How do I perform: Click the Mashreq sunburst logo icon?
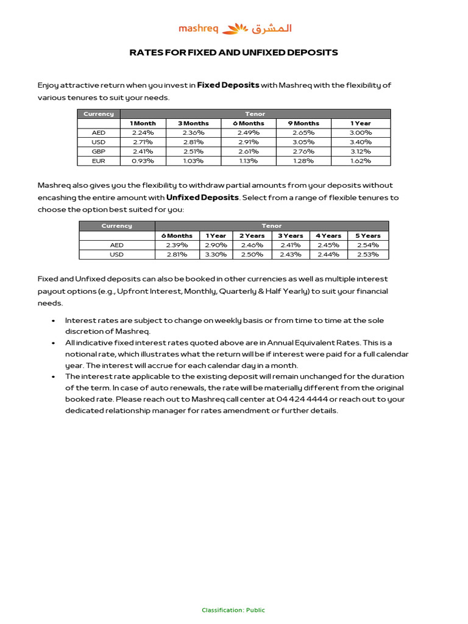click(235, 28)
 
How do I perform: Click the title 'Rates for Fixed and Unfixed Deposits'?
click(234, 52)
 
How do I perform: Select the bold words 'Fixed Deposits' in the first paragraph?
click(228, 85)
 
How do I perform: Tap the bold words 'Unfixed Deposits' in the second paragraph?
click(202, 197)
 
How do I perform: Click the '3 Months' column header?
click(193, 123)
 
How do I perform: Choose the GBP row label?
click(98, 151)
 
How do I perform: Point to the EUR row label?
click(98, 161)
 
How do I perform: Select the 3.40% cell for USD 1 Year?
click(360, 142)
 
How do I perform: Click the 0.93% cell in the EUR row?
click(143, 161)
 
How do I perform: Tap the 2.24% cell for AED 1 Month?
click(143, 132)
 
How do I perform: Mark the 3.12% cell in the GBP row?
click(360, 151)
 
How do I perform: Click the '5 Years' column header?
click(367, 235)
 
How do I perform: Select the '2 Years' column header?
click(252, 235)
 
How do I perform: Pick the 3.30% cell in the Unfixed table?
click(216, 254)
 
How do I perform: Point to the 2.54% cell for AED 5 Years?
click(367, 245)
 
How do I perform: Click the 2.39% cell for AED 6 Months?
click(177, 245)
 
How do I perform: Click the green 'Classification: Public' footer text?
click(233, 610)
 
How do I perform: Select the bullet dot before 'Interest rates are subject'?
click(54, 321)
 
